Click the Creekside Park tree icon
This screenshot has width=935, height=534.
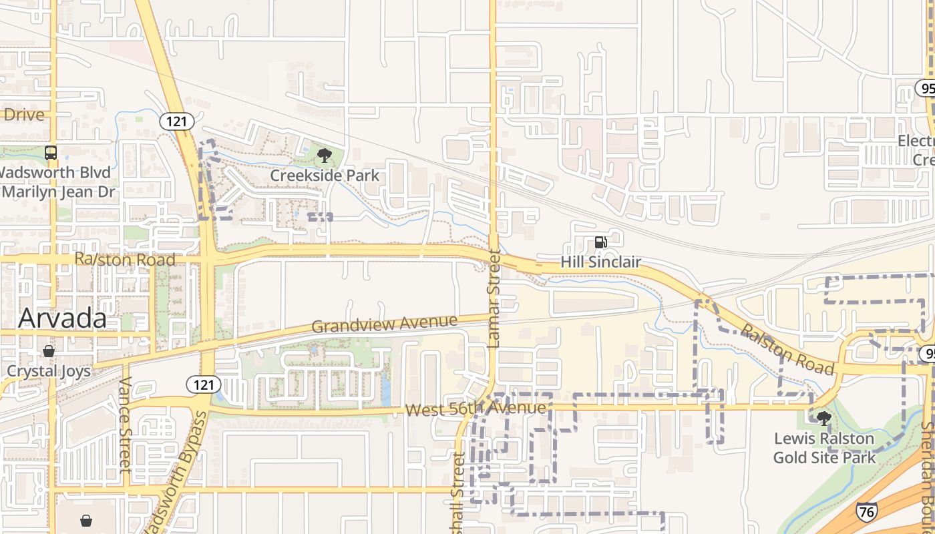325,156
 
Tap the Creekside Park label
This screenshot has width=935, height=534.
325,176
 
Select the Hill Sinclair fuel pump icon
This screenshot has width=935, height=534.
600,242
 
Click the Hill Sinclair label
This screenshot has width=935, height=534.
600,262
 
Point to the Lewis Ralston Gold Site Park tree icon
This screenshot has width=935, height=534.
824,419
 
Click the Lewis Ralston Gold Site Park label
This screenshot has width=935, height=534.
824,448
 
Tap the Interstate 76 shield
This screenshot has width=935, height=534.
866,512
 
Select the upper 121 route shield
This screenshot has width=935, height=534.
177,121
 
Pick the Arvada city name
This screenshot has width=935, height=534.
62,318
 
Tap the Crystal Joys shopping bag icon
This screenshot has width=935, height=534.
49,351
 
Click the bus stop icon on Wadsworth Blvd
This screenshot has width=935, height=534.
51,153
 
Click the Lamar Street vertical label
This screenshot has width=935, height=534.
494,298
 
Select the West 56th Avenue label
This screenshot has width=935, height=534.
476,409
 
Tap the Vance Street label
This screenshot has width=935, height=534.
125,425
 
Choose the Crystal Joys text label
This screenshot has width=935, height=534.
49,371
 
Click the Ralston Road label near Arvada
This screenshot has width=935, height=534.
125,260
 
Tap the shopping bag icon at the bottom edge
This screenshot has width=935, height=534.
86,520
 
